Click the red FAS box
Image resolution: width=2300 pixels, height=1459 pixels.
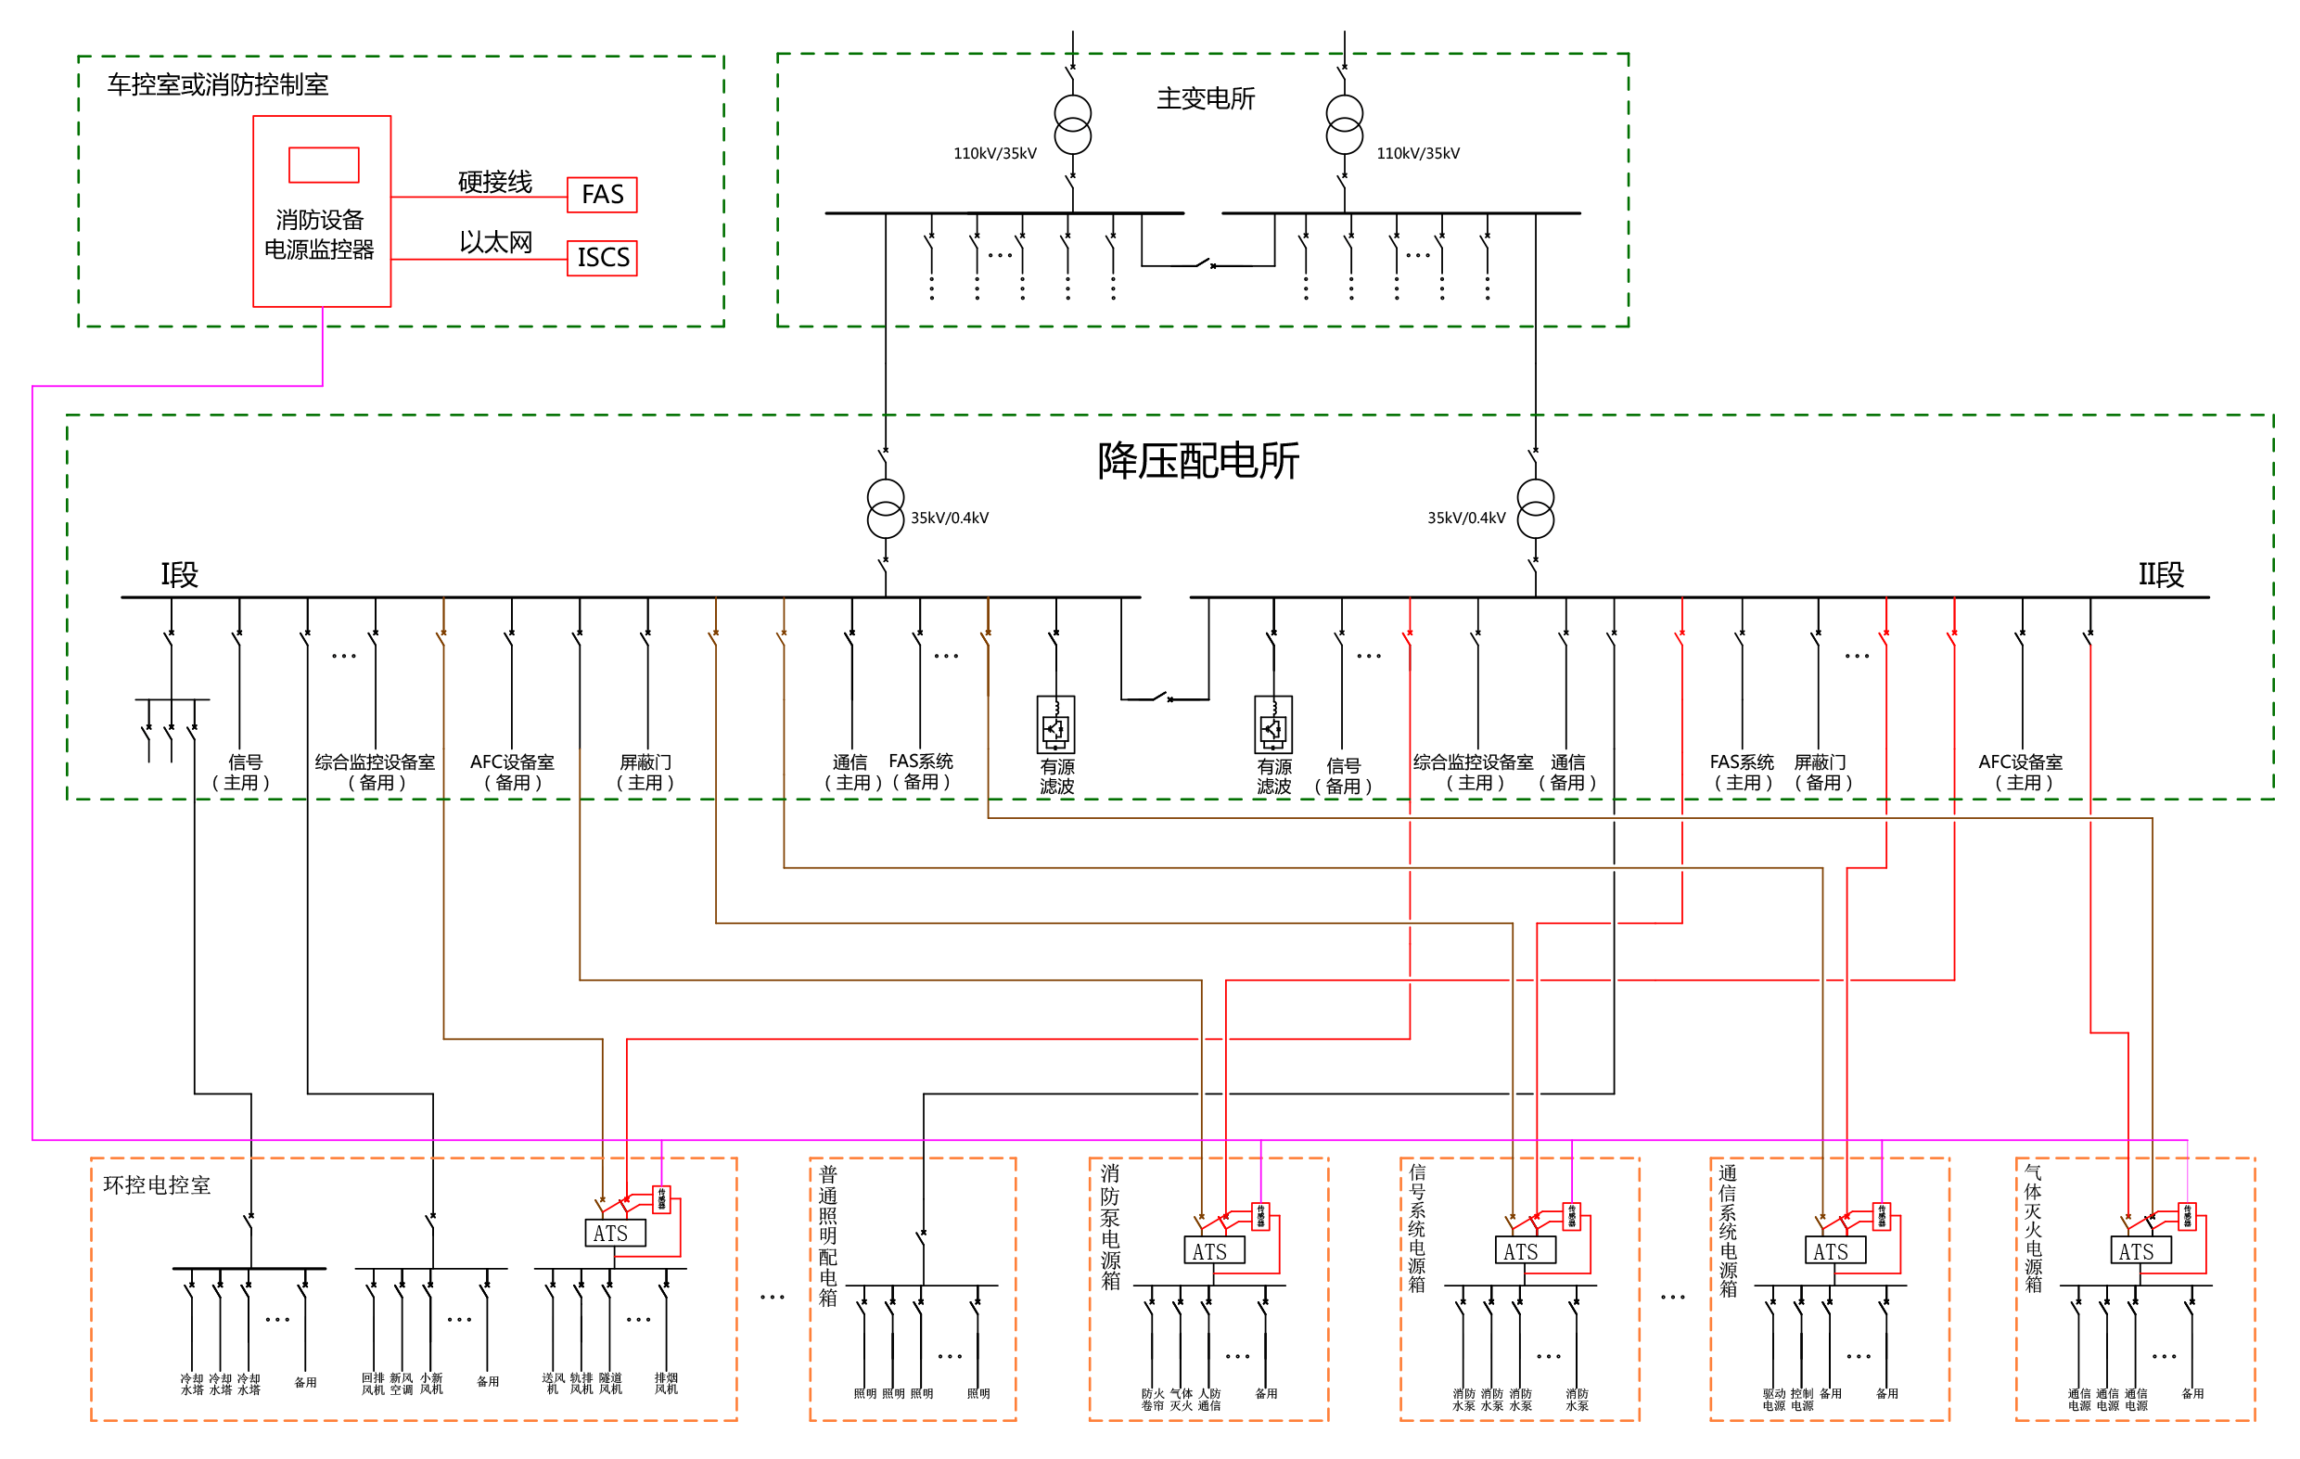(602, 195)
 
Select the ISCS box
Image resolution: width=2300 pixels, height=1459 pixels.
(602, 258)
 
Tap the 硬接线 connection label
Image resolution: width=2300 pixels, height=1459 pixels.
(494, 182)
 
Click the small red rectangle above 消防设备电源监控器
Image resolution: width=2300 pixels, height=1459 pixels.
(324, 164)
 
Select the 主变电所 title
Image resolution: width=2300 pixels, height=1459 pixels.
(1206, 99)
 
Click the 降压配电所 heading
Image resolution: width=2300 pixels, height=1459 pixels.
(1197, 462)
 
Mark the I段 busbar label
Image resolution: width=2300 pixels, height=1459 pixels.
(179, 575)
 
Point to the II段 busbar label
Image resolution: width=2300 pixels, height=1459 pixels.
(2161, 575)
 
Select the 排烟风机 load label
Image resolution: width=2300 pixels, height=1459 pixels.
(666, 1383)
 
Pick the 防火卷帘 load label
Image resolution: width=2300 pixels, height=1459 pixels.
(1153, 1399)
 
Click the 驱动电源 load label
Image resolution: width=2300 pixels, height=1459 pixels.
(1774, 1399)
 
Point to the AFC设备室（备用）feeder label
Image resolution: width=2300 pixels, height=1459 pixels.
(512, 772)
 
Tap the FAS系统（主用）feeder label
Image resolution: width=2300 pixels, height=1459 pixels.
(1743, 772)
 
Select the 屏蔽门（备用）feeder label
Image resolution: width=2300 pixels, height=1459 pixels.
(1822, 772)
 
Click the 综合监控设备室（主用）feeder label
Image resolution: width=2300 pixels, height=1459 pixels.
(1474, 772)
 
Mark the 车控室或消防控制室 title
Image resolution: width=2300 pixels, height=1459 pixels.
(218, 85)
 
